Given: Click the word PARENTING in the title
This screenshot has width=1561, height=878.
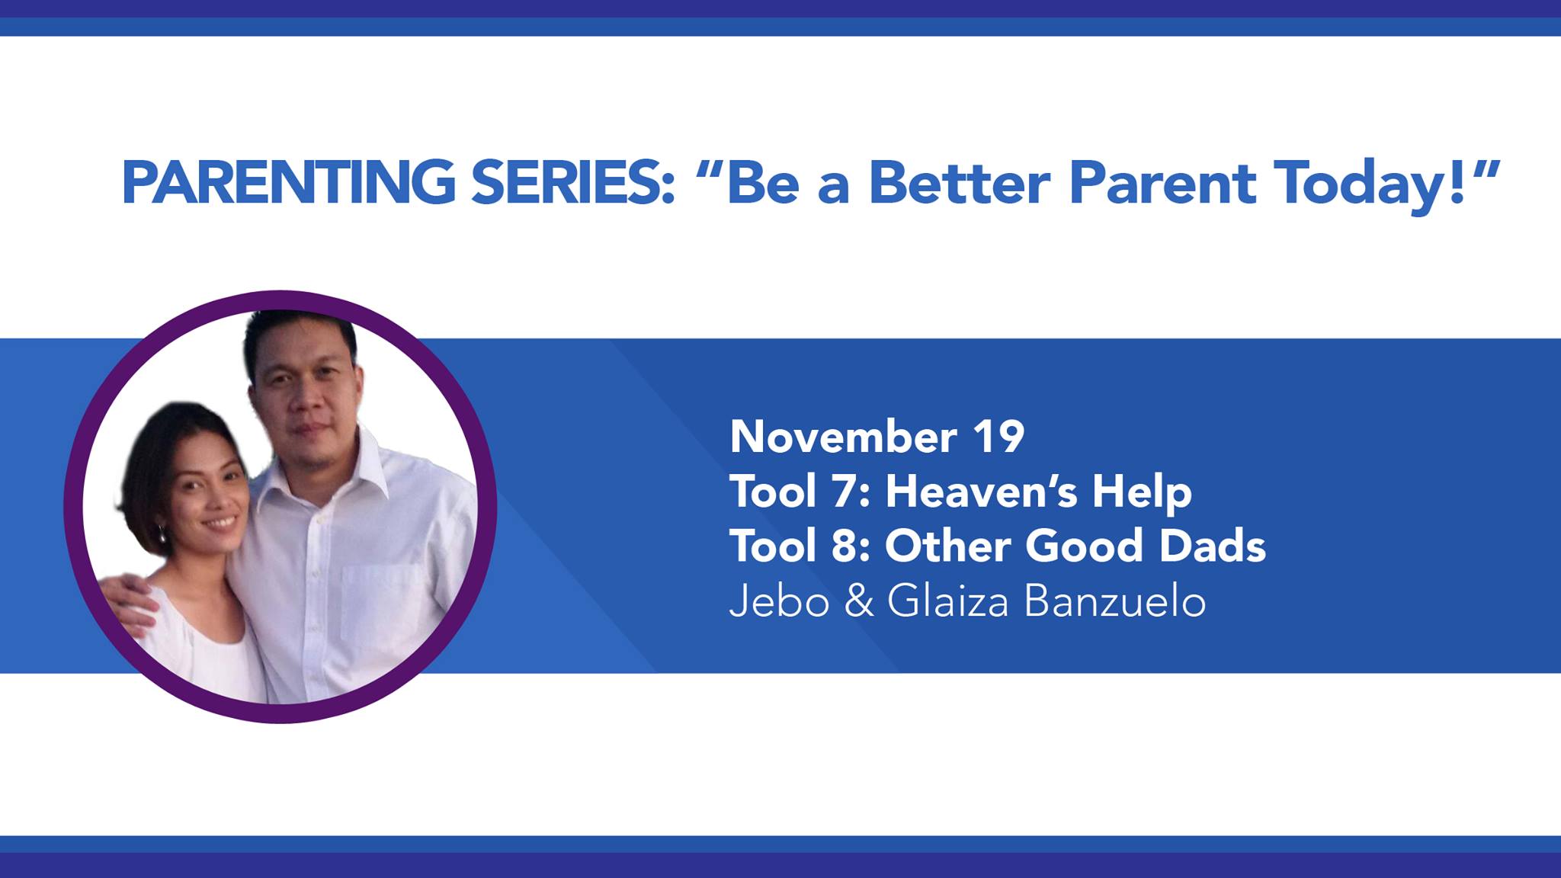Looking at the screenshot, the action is [289, 183].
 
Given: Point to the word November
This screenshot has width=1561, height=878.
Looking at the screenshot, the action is [843, 437].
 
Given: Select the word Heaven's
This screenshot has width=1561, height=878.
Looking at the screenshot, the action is [981, 492].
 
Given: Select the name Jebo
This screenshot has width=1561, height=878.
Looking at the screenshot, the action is [779, 601].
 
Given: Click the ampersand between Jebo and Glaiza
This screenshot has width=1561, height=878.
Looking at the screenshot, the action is [859, 601].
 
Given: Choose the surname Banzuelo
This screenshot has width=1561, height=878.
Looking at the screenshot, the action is [1114, 601].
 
